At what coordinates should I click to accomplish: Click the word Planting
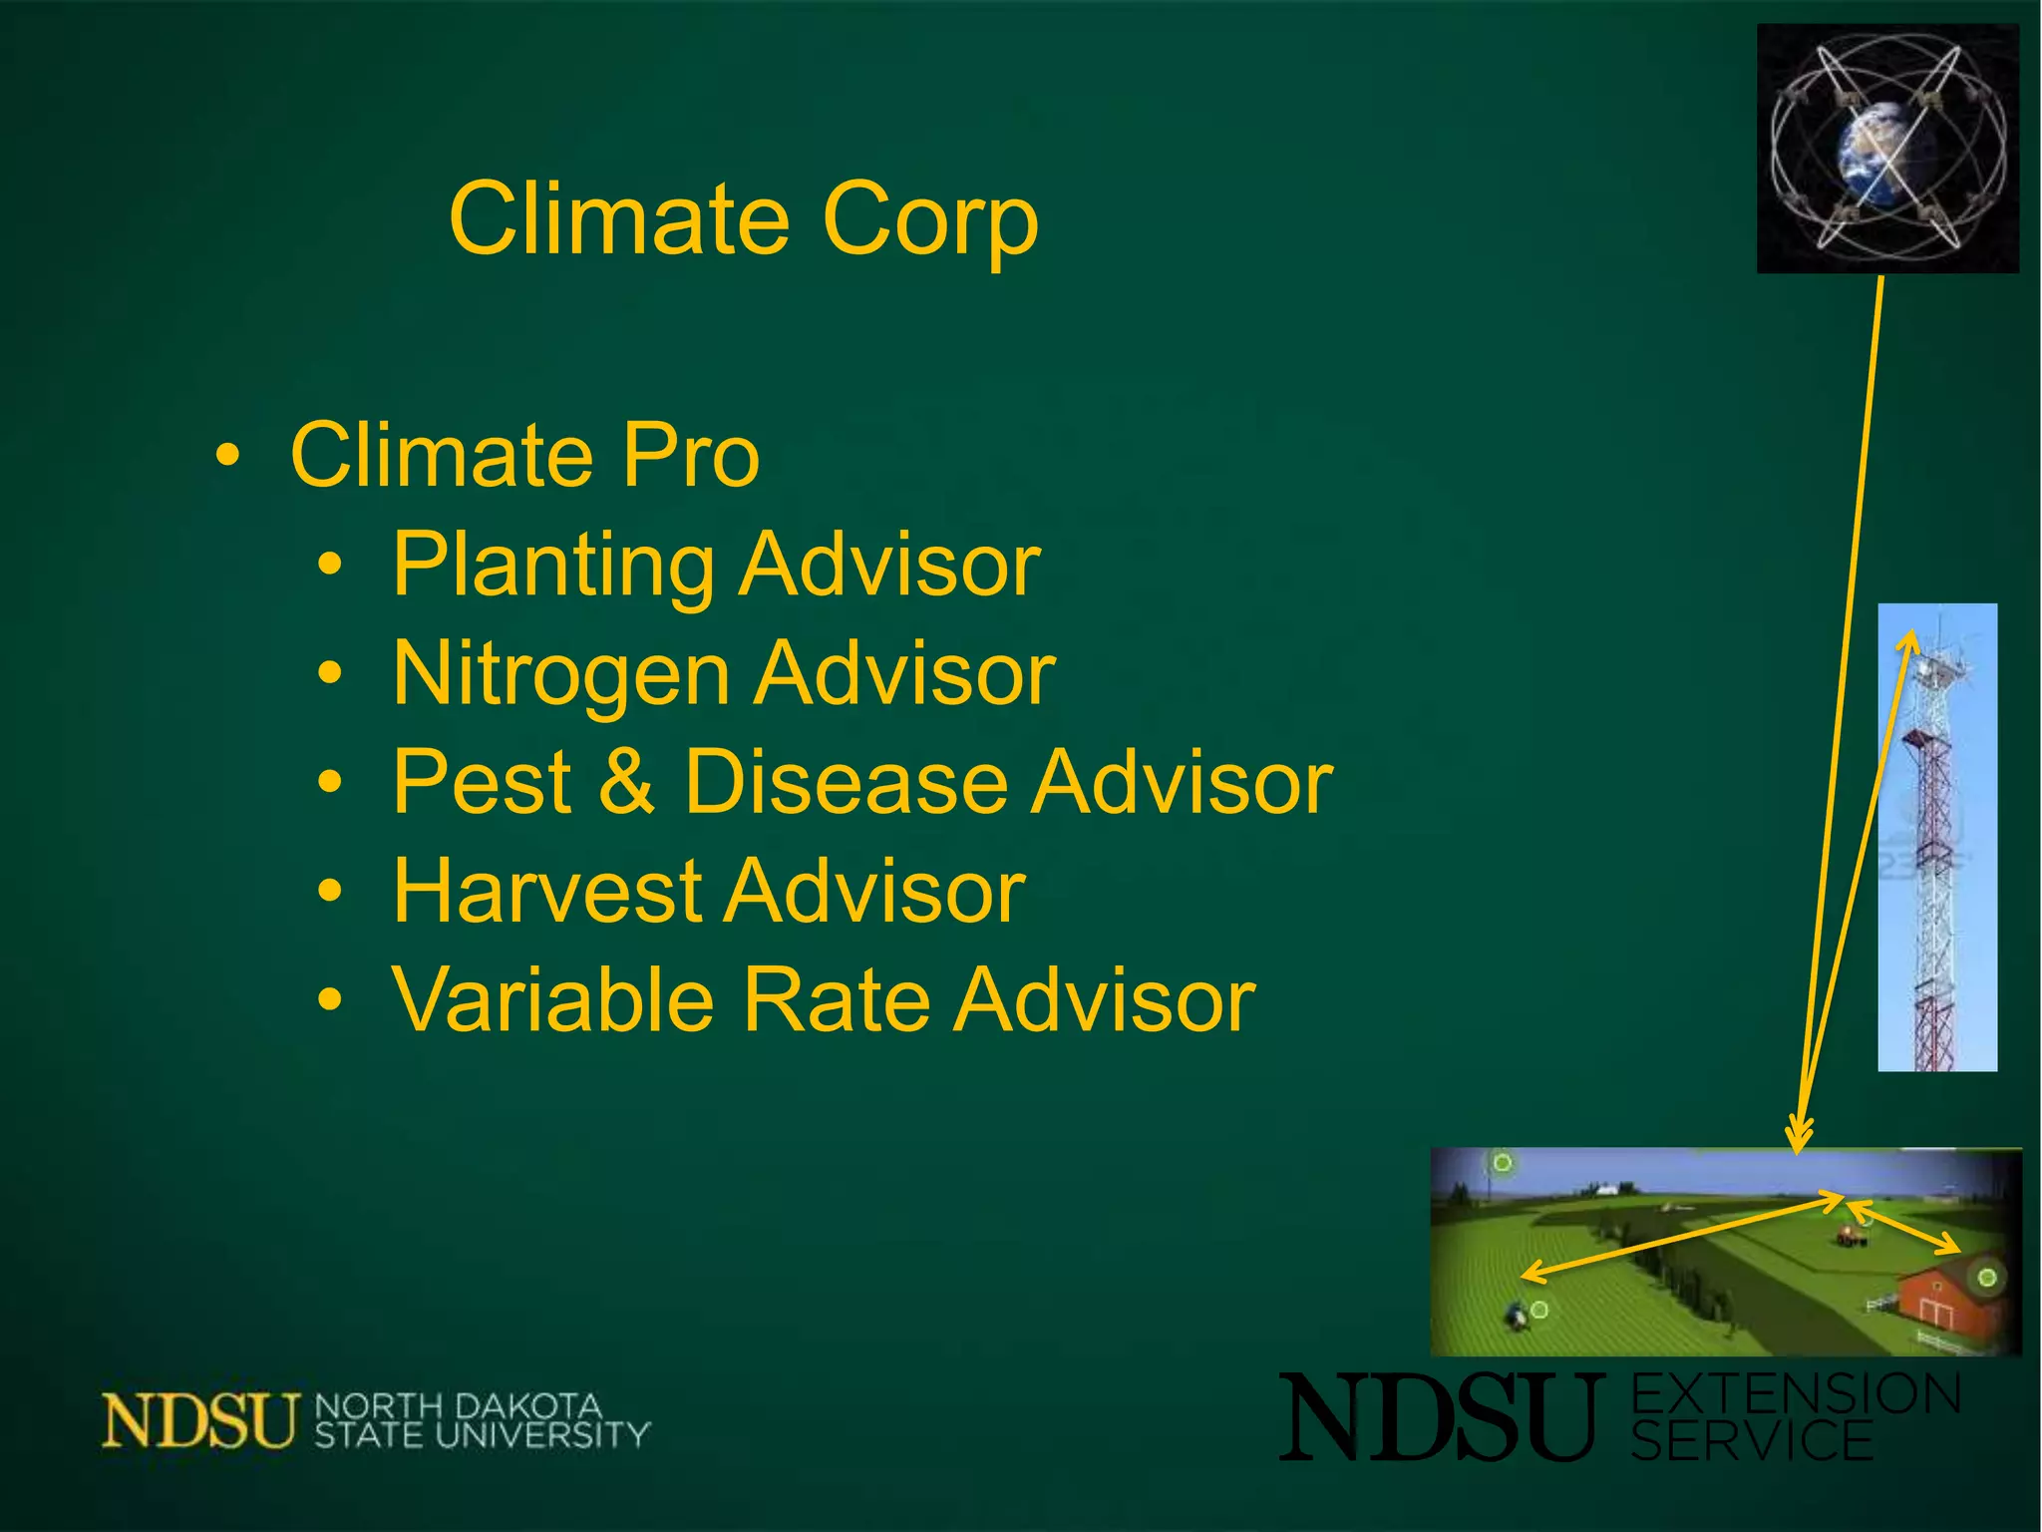click(552, 566)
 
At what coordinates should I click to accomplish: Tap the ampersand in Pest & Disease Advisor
click(627, 783)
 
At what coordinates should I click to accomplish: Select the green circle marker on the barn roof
click(1986, 1278)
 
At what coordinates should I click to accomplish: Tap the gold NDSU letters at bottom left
click(199, 1420)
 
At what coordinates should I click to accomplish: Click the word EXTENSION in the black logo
click(1795, 1394)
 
